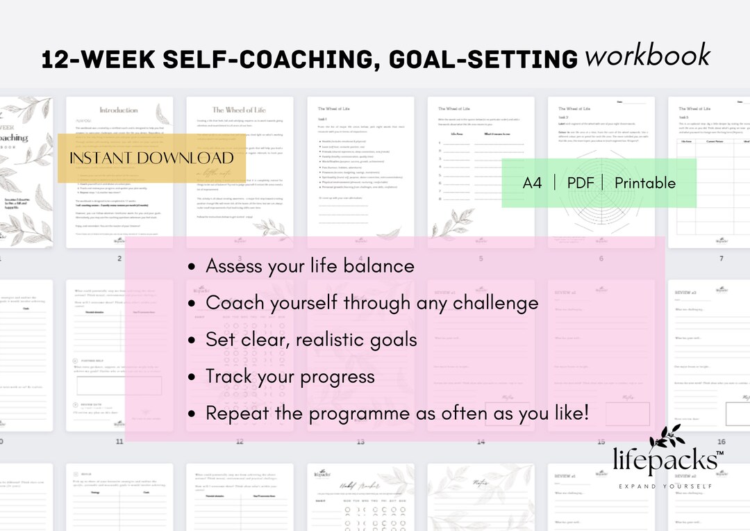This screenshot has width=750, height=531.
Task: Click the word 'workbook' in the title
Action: coord(647,55)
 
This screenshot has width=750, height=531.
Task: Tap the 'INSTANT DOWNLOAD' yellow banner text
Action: coord(151,158)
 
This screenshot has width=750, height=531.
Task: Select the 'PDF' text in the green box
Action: coord(581,183)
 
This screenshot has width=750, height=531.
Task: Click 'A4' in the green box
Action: coord(533,183)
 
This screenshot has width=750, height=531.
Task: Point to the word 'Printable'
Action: coord(644,183)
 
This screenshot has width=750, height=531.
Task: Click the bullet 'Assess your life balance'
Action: coord(310,266)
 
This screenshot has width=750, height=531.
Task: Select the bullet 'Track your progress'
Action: coord(290,377)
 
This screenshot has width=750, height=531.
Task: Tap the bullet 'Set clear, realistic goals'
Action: coord(311,340)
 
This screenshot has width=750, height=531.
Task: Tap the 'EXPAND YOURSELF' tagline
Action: coord(665,487)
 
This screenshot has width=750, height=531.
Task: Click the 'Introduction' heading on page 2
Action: coord(119,110)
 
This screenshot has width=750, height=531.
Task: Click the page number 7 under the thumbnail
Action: coord(722,259)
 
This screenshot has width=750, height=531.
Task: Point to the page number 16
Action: coord(722,442)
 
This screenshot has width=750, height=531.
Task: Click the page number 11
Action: coord(119,442)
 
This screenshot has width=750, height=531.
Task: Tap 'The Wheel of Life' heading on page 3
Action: coord(238,110)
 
